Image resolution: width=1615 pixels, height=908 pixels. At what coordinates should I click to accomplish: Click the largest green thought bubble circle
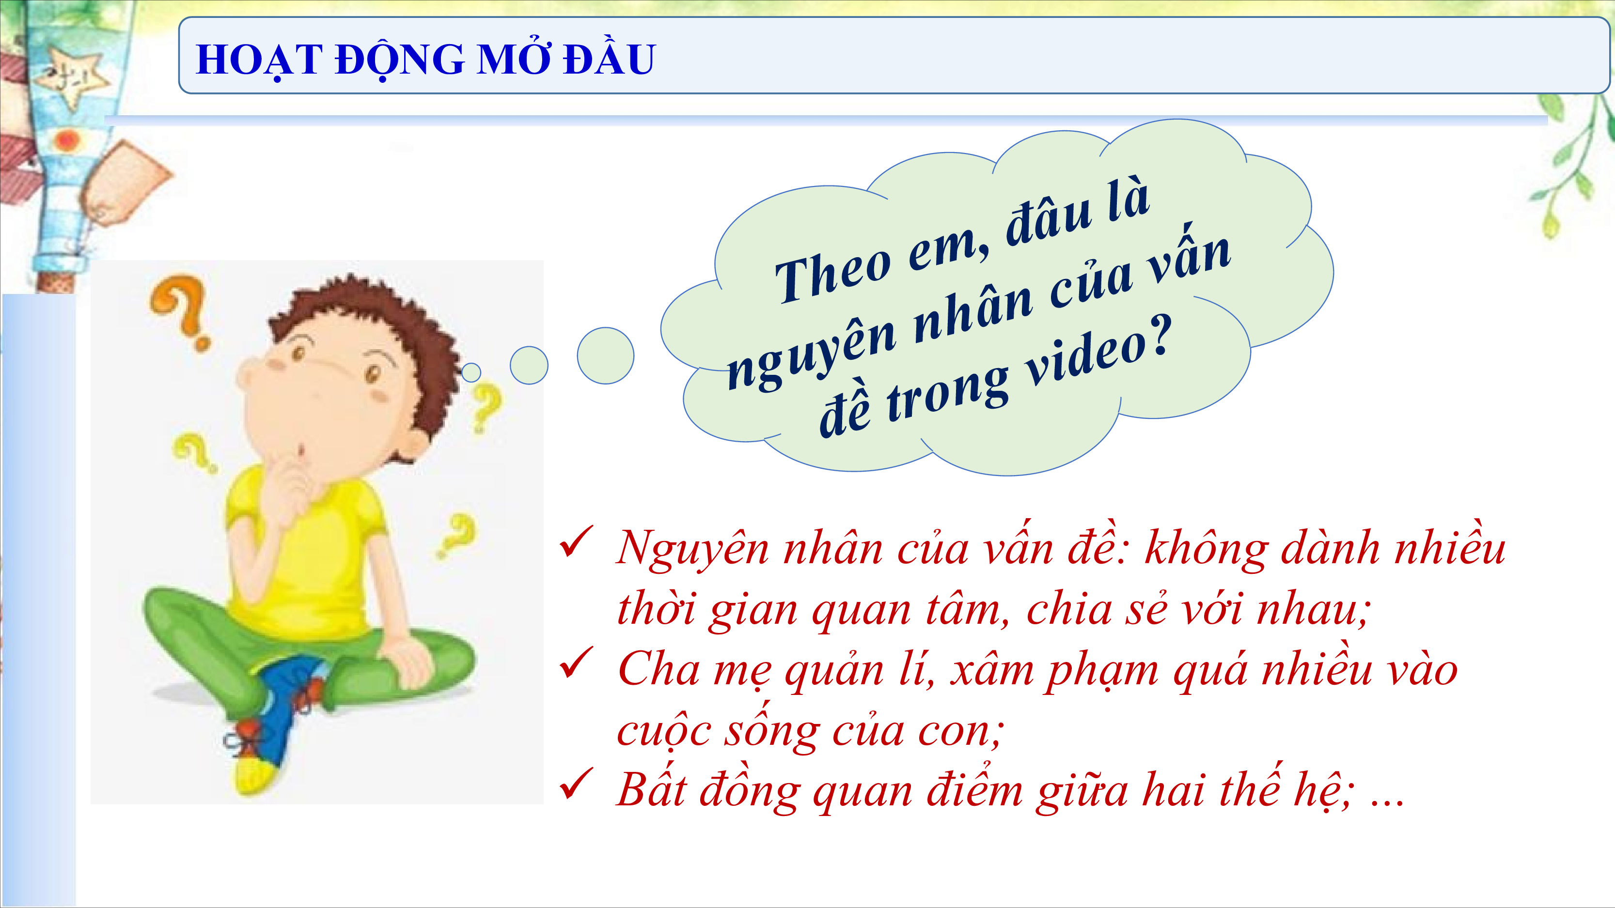tap(605, 355)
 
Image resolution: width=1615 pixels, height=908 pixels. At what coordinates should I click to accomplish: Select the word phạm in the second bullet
tap(1101, 671)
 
